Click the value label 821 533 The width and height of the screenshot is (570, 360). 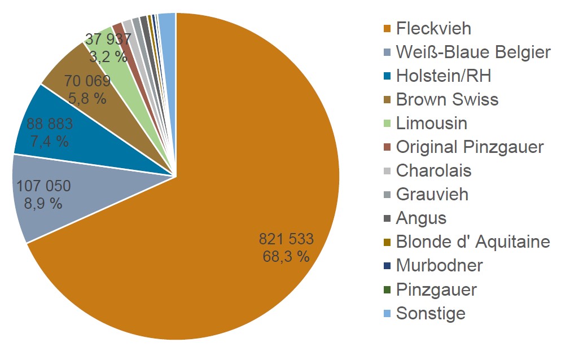pos(286,239)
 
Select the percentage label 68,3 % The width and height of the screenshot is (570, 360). pos(286,256)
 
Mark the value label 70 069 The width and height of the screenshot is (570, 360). pos(87,81)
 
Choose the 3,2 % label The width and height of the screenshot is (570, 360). pos(108,56)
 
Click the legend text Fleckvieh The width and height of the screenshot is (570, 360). pos(433,28)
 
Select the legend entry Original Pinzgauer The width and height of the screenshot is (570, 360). pos(470,147)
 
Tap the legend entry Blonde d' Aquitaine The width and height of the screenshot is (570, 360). pos(473,242)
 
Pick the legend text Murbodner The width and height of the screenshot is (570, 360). pos(440,265)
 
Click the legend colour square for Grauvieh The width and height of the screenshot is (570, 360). pos(387,195)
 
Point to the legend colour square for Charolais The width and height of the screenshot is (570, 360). pos(387,172)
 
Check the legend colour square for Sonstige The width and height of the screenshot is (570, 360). pos(387,314)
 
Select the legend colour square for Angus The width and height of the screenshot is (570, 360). pos(387,219)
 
